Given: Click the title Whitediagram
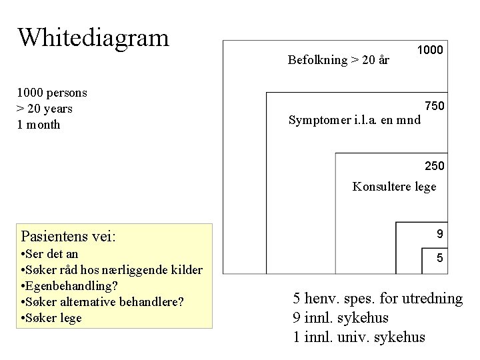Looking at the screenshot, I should pos(93,37).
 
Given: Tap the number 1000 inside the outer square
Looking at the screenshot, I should pos(430,50).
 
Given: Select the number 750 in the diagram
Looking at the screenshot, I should pos(434,106).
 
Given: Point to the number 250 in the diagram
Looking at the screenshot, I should pos(434,165).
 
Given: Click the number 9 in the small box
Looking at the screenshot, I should pos(439,234).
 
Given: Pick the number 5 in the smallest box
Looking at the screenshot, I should pos(439,257).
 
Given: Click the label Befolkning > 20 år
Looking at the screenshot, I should pos(339,60).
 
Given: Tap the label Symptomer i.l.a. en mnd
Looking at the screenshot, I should pos(355,121).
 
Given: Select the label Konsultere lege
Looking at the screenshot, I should pos(394,187).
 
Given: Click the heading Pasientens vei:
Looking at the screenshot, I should pos(69,236).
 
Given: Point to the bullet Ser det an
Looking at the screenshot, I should pos(50,254).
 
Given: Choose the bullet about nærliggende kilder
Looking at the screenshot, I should pos(112,270).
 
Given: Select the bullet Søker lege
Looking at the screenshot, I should pos(51,318).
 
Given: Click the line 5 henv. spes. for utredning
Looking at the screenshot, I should pos(378,298).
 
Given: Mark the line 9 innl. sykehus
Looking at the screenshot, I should pos(341,317).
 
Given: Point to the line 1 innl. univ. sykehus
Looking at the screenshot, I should pos(359,337).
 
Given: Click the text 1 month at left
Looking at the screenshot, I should pos(39,125).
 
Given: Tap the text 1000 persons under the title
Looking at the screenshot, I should pos(53,93).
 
